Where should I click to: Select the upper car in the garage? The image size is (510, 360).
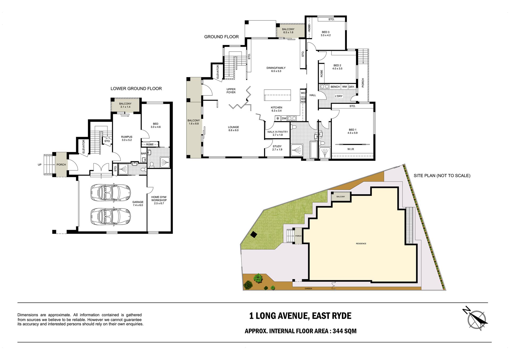pyautogui.click(x=110, y=192)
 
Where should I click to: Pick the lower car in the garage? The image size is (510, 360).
pyautogui.click(x=110, y=217)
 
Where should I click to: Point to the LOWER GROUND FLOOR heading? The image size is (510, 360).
pyautogui.click(x=136, y=89)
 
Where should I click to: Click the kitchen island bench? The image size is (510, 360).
pyautogui.click(x=277, y=95)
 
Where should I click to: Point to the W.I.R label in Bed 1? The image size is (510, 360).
pyautogui.click(x=351, y=149)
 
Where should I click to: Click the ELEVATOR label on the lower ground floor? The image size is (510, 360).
pyautogui.click(x=84, y=146)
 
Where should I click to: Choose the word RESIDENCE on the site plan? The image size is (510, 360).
pyautogui.click(x=361, y=244)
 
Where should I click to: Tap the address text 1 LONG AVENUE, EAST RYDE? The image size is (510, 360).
pyautogui.click(x=300, y=316)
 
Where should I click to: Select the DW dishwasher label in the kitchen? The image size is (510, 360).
pyautogui.click(x=284, y=118)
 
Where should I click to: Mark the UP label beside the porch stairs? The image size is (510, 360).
pyautogui.click(x=40, y=165)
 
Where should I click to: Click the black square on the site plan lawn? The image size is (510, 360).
pyautogui.click(x=254, y=235)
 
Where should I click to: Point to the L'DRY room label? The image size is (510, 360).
pyautogui.click(x=339, y=96)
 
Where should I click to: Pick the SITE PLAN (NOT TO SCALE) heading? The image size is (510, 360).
pyautogui.click(x=442, y=175)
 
